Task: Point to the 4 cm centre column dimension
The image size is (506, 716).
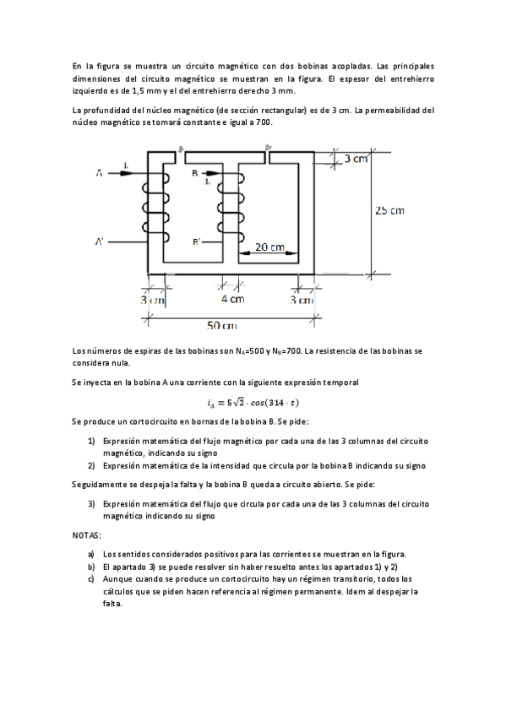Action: tap(232, 299)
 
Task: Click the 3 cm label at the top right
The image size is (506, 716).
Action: tap(355, 159)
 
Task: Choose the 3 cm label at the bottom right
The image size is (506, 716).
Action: tap(302, 299)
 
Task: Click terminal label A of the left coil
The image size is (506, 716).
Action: tap(99, 174)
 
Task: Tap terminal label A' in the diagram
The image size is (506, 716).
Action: tap(100, 242)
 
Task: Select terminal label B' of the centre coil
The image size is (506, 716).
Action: tap(197, 242)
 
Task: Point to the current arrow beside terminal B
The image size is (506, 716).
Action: tap(211, 174)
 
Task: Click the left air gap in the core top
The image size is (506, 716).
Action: tap(181, 155)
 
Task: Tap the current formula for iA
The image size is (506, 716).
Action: tap(253, 402)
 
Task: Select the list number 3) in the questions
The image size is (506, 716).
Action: tap(91, 503)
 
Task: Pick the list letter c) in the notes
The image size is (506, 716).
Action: tap(91, 580)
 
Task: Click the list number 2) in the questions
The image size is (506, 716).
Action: tap(91, 465)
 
